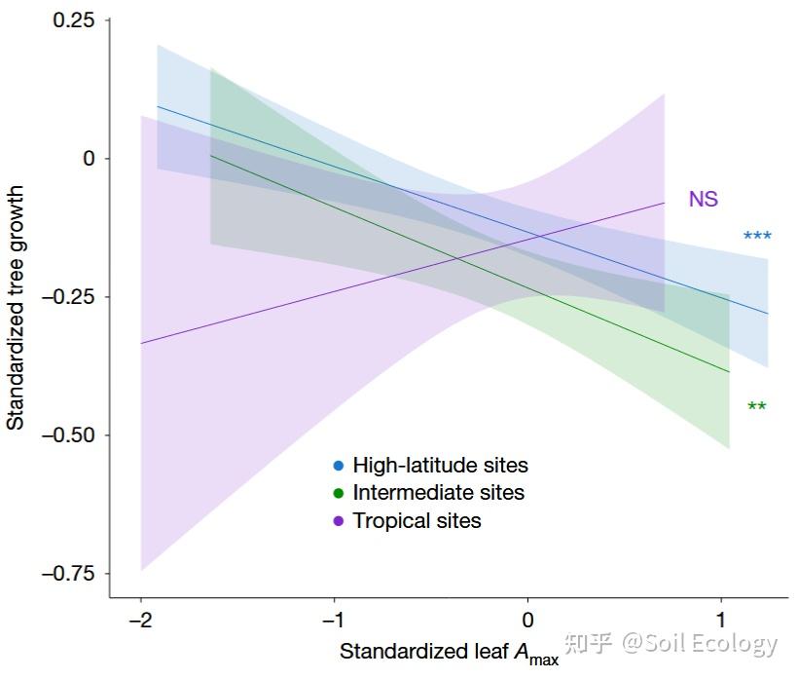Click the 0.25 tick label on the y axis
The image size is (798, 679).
pos(74,20)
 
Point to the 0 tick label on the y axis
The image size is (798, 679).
pos(90,159)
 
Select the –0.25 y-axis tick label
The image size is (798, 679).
pos(69,297)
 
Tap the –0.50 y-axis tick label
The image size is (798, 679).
pos(69,435)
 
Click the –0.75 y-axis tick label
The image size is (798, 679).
pos(69,574)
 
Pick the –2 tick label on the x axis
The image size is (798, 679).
pos(141,620)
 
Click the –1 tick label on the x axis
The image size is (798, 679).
pos(334,620)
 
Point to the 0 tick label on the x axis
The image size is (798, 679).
pos(527,620)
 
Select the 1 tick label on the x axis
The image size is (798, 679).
pos(721,620)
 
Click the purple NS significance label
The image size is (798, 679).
pos(704,199)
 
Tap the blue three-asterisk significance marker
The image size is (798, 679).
pos(757,236)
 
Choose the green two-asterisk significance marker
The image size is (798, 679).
pos(757,406)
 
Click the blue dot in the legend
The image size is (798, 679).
pos(339,466)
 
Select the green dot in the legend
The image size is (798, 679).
pos(339,493)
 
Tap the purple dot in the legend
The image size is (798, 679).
pos(339,521)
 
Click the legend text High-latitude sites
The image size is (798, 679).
pos(441,466)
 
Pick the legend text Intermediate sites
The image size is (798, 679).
pos(439,493)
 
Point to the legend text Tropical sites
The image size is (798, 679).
pos(417,521)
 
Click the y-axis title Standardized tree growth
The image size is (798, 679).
pos(16,308)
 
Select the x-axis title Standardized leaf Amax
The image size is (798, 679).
pos(450,654)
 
